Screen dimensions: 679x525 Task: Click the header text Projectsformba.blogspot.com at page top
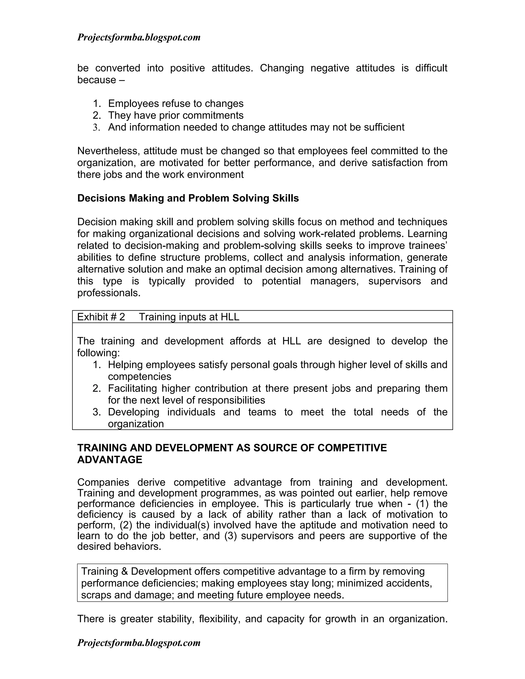[139, 38]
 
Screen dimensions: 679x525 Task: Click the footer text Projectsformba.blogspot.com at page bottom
[139, 643]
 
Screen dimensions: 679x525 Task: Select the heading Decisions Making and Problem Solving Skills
[188, 198]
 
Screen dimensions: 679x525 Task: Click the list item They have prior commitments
[176, 115]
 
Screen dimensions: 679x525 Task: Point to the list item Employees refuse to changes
[176, 104]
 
